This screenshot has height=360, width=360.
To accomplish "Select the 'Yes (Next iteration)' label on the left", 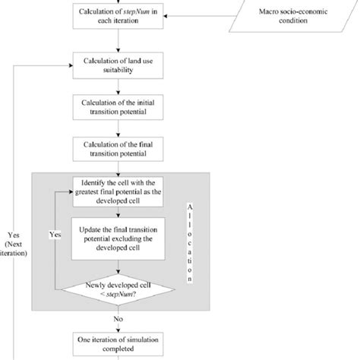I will click(14, 243).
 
